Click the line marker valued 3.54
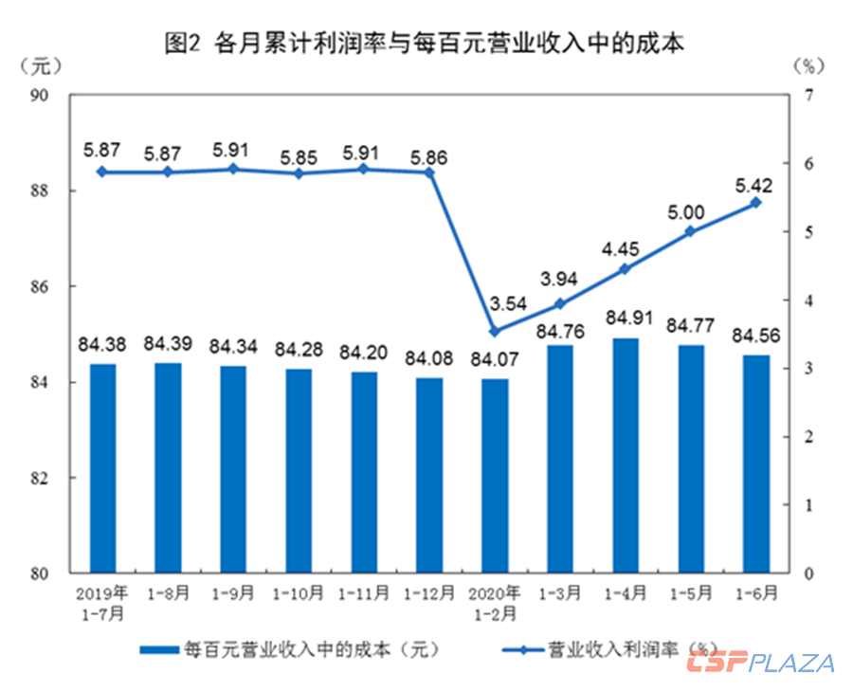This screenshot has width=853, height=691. pyautogui.click(x=494, y=331)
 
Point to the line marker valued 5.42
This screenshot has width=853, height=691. pyautogui.click(x=756, y=203)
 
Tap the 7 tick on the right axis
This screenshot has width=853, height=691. pyautogui.click(x=808, y=95)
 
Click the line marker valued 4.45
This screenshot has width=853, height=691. pyautogui.click(x=625, y=269)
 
